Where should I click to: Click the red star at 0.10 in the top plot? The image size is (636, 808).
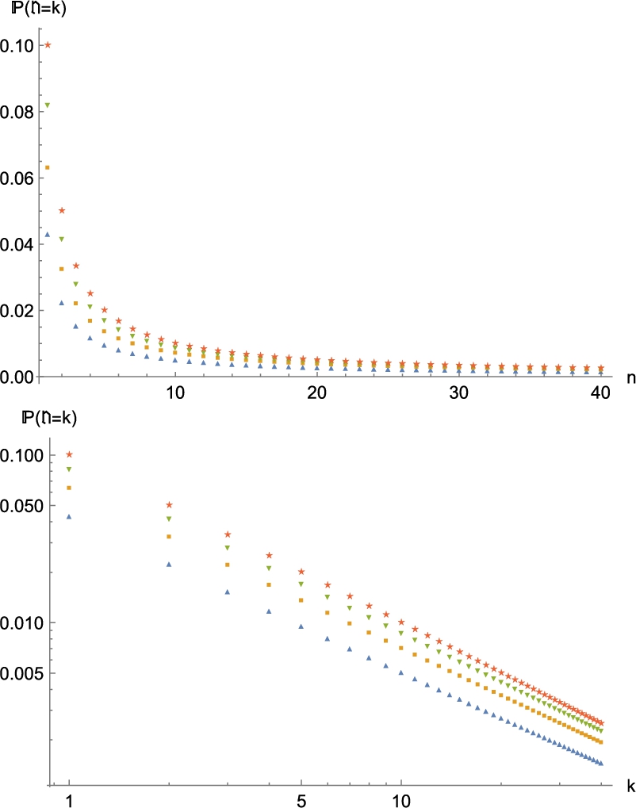pos(48,44)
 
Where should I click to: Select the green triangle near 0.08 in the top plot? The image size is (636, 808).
pos(48,105)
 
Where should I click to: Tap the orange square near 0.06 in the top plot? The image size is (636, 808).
pos(48,167)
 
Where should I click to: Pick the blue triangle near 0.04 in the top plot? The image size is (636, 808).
pos(48,234)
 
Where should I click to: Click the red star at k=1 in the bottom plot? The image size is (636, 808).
pos(69,454)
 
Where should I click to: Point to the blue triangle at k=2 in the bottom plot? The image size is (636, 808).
pos(168,564)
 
